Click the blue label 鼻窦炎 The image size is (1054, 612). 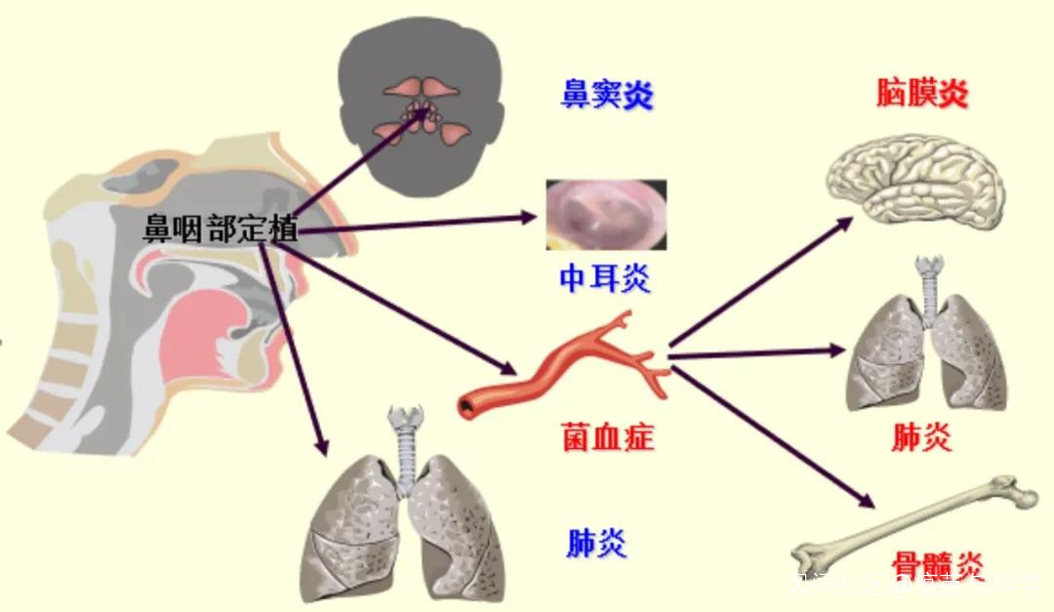(606, 96)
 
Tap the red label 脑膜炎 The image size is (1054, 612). (921, 95)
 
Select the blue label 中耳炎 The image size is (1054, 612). (605, 279)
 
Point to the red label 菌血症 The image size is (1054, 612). (607, 435)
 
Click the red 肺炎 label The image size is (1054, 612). (921, 438)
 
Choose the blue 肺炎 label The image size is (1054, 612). (596, 543)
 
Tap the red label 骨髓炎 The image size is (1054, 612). (937, 565)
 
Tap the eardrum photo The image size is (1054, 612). (606, 216)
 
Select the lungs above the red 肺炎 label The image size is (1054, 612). (927, 347)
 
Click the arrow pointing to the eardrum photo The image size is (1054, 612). (420, 224)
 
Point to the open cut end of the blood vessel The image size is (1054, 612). (467, 402)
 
